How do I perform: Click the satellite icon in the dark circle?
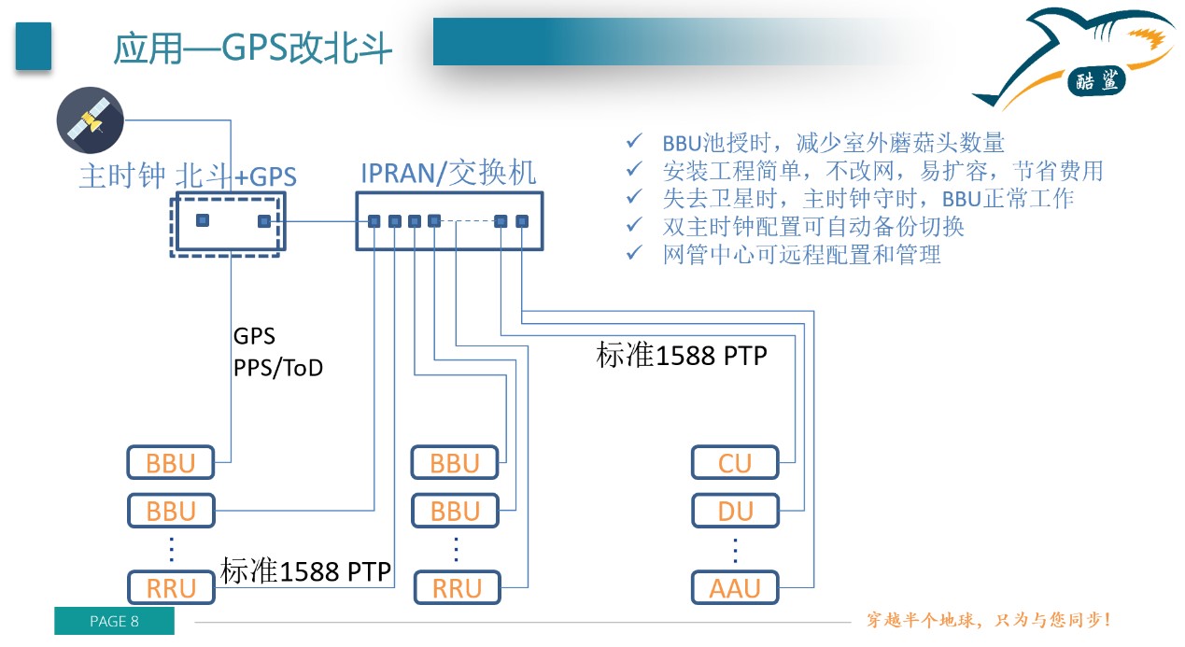[x=90, y=121]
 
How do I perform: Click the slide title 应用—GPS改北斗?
[x=252, y=48]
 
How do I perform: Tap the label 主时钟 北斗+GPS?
[x=187, y=176]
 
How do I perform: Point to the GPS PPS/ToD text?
[x=277, y=352]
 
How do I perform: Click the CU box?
[x=735, y=462]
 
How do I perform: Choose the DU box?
[x=735, y=511]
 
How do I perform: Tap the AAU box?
[x=735, y=588]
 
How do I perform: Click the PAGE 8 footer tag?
[x=114, y=622]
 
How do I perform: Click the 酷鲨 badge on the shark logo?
[x=1098, y=81]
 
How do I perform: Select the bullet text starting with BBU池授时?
[x=833, y=143]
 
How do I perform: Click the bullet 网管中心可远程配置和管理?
[x=801, y=254]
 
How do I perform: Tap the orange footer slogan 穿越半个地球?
[x=987, y=620]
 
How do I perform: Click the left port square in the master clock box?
[x=202, y=220]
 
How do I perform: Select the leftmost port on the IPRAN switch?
[x=374, y=221]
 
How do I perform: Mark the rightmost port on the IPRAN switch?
[x=522, y=221]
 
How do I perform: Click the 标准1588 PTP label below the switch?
[x=682, y=356]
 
